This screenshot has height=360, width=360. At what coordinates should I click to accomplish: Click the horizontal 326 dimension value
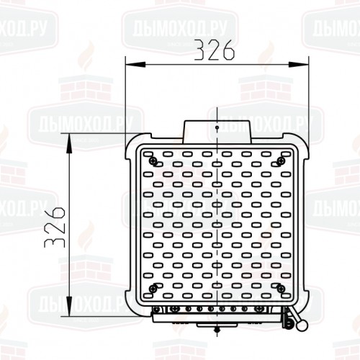tap(214, 50)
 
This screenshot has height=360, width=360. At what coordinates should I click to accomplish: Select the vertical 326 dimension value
tap(55, 228)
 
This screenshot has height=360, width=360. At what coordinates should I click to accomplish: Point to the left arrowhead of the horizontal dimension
tap(135, 64)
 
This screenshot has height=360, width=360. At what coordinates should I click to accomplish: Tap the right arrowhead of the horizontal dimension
tap(298, 64)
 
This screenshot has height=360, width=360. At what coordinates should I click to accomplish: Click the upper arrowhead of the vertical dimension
tap(69, 143)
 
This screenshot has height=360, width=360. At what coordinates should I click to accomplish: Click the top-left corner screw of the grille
tap(153, 161)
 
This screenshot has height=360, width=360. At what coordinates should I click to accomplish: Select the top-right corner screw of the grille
tap(280, 161)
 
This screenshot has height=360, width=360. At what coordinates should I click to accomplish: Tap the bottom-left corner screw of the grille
tap(153, 289)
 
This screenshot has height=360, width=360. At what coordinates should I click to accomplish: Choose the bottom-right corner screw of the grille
tap(281, 289)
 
